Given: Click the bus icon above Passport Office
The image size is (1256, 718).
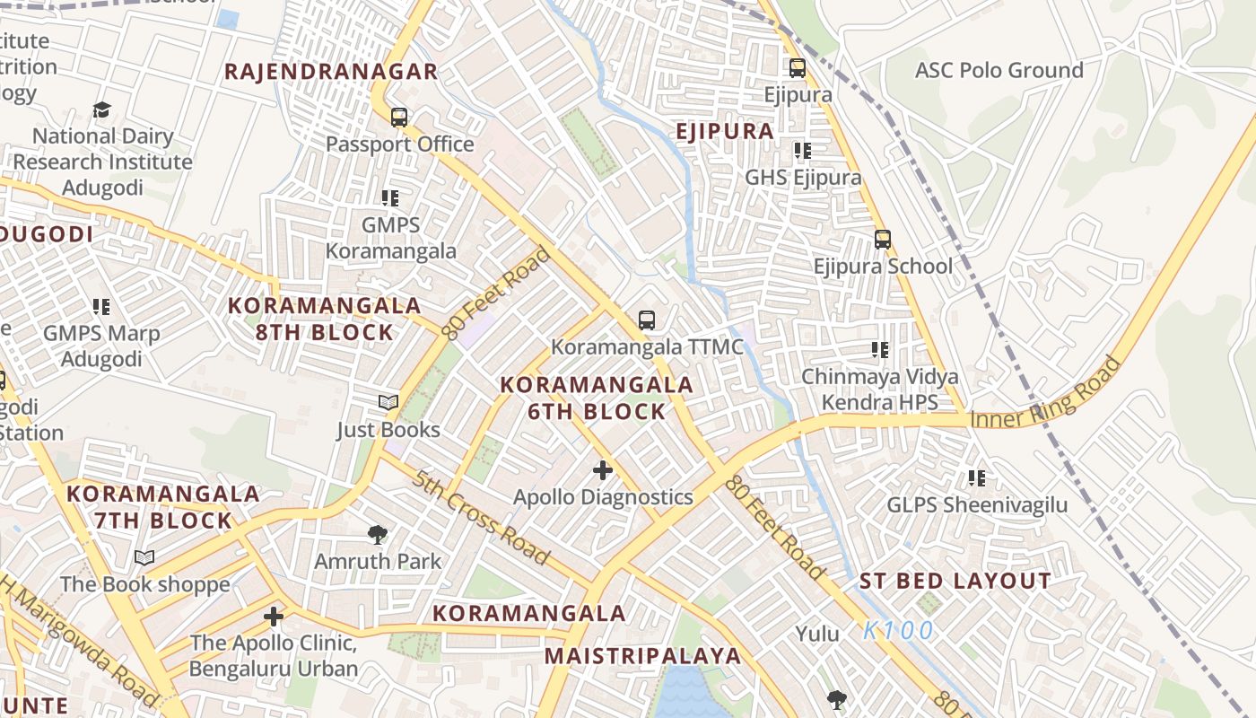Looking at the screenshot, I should tap(399, 118).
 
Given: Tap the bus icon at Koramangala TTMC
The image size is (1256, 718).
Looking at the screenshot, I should tap(646, 320).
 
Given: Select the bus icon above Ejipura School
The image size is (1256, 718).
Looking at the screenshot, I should tap(883, 240).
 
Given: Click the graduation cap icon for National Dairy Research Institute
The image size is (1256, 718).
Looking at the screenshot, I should tap(101, 110).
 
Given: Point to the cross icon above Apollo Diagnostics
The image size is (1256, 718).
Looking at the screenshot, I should tap(603, 469).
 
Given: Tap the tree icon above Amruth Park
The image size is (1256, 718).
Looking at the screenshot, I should tap(378, 535).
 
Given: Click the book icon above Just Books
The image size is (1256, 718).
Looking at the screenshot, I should tap(388, 403).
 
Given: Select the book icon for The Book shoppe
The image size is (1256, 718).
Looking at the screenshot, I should tap(144, 558).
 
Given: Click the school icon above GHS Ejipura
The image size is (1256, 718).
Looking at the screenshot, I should tap(802, 151).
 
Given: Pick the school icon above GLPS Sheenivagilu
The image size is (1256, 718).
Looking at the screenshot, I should tap(977, 478).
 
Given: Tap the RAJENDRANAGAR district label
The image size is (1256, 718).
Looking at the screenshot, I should tap(331, 72).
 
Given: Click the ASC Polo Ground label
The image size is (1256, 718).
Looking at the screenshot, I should tap(999, 70).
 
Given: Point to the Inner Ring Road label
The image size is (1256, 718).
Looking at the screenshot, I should tap(1046, 393).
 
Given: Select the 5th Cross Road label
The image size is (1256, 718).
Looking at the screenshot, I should tap(482, 517).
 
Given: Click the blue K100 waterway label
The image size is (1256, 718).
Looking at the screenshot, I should tap(898, 631).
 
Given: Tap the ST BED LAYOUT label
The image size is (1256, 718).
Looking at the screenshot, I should tap(955, 581).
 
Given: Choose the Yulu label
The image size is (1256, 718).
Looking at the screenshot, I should tap(817, 635).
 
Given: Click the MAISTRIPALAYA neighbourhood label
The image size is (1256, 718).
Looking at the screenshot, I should tap(642, 655).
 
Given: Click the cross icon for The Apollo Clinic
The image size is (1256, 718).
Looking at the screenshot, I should tap(274, 617).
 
